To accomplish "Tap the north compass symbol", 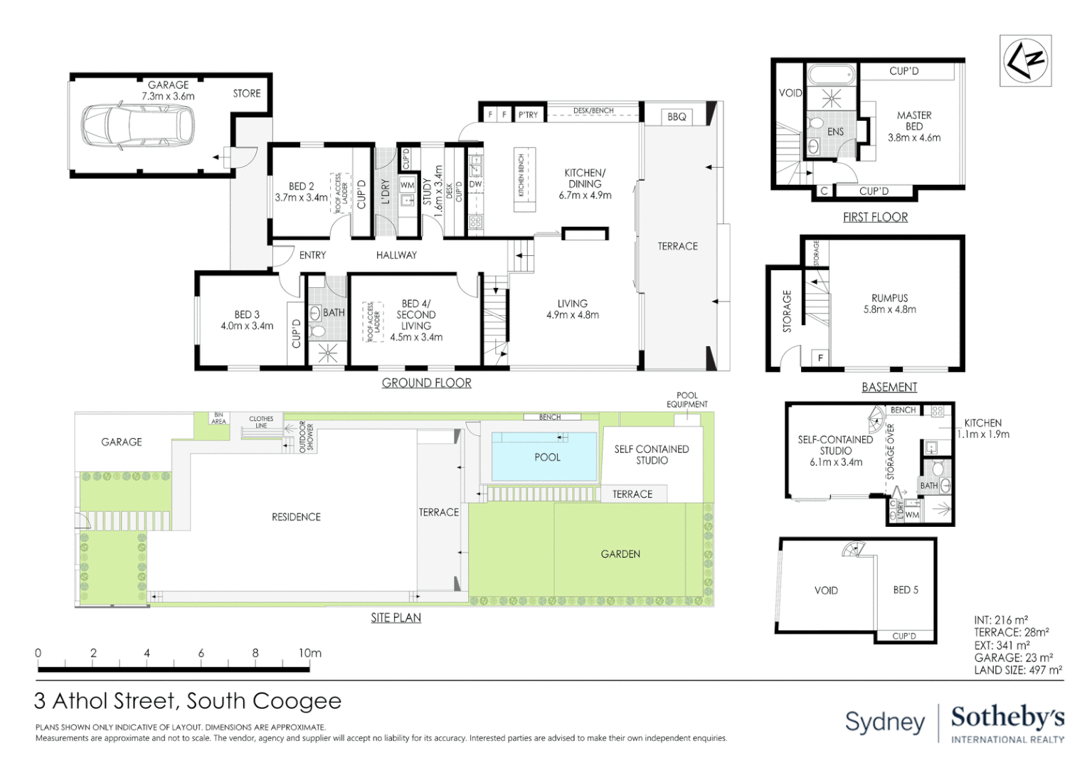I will [x=1025, y=60].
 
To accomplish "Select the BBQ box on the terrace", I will [x=677, y=117].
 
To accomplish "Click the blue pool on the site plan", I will [x=545, y=457].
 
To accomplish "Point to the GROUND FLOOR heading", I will [x=426, y=383].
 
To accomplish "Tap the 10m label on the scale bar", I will [x=309, y=653].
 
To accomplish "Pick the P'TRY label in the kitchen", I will [x=528, y=114].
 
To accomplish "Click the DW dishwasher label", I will [x=475, y=184].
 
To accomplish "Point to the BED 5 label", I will [x=905, y=590].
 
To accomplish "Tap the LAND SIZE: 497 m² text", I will [x=1018, y=670].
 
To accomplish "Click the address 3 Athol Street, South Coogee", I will [x=188, y=701].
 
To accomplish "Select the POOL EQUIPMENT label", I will [x=686, y=400].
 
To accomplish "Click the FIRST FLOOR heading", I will [x=875, y=217].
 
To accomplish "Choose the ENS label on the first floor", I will [x=835, y=132].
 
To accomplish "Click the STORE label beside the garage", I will [x=247, y=93].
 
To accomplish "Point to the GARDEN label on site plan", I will [x=620, y=554].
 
